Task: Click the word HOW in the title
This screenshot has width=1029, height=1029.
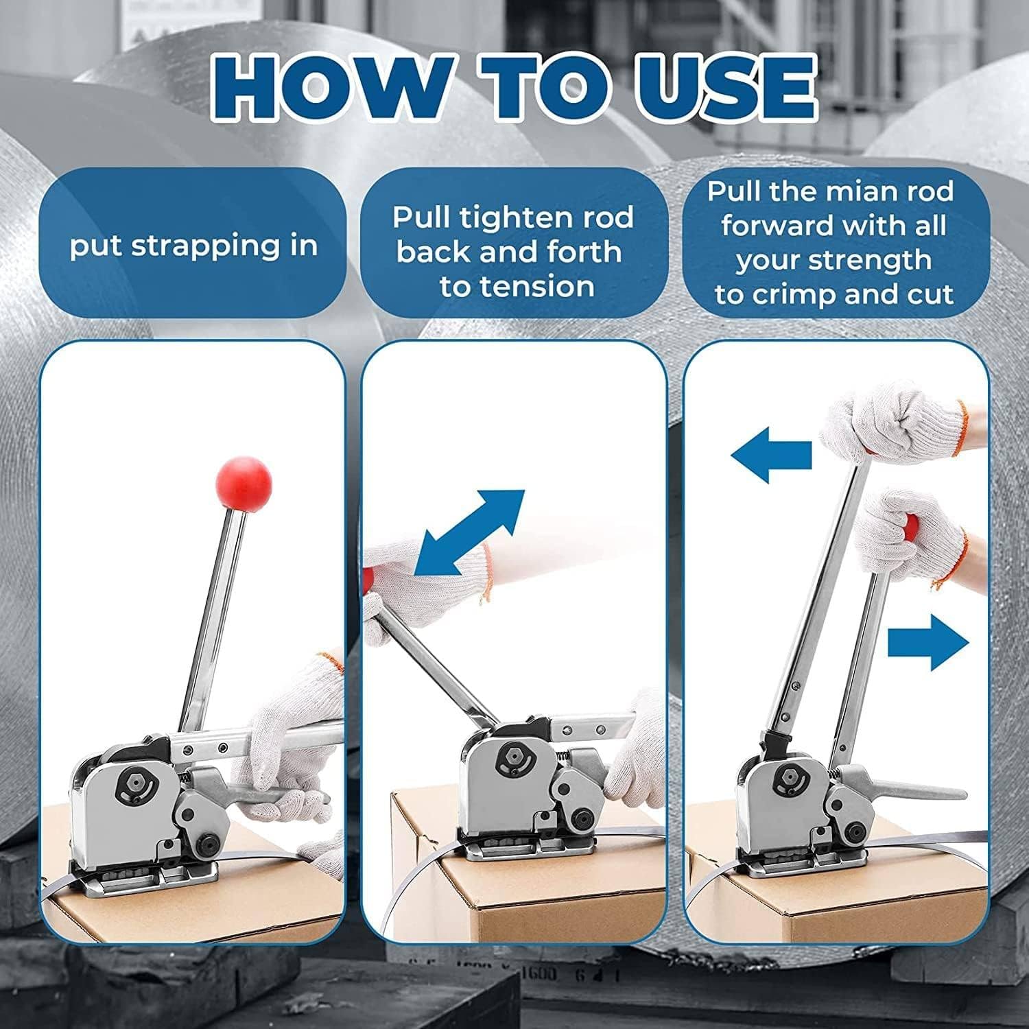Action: click(331, 87)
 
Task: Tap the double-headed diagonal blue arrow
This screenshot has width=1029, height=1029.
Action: click(470, 532)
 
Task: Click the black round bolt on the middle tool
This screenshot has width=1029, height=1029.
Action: click(583, 818)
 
